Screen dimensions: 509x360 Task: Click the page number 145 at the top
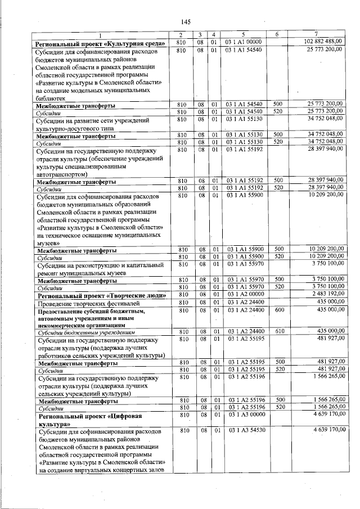pyautogui.click(x=186, y=22)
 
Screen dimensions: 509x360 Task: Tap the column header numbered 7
pyautogui.click(x=319, y=35)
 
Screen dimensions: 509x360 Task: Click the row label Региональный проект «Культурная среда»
pyautogui.click(x=100, y=43)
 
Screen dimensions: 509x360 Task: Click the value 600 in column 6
pyautogui.click(x=278, y=310)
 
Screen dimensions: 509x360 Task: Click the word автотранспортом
pyautogui.click(x=64, y=175)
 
